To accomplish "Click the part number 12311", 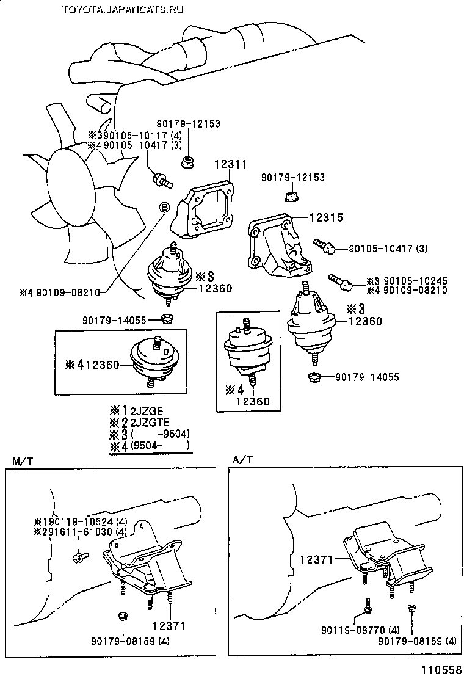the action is (231, 164).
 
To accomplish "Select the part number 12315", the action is (327, 217).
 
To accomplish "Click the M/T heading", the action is (23, 460).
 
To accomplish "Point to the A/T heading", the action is (242, 459).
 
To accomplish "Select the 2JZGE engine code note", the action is (147, 411).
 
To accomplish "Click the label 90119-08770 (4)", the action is (361, 630).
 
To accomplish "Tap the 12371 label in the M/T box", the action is (169, 626).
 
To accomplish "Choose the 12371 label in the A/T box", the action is (317, 560).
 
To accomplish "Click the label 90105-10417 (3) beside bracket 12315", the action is (388, 249).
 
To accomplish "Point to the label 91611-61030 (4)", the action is (85, 532).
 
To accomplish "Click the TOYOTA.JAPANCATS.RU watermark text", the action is (123, 10).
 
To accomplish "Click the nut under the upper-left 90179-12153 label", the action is (187, 162).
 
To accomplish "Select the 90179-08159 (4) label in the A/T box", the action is (417, 641).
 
